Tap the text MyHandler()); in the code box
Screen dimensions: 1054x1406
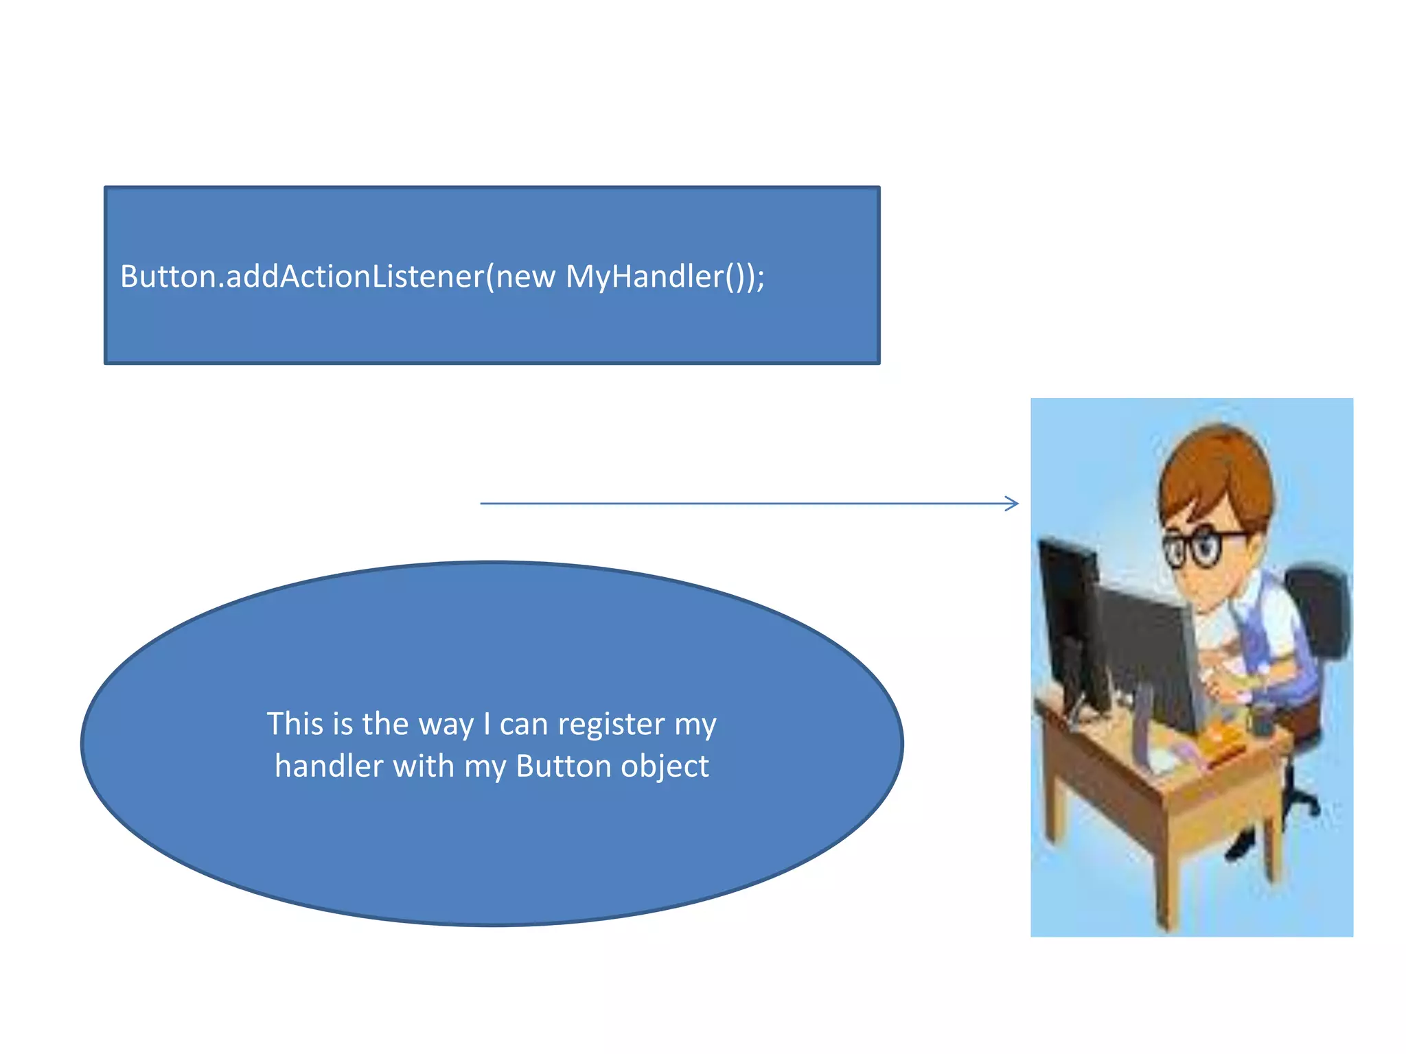pyautogui.click(x=665, y=277)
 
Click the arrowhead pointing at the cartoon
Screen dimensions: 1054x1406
pyautogui.click(x=1012, y=504)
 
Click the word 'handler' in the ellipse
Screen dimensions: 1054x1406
pyautogui.click(x=329, y=766)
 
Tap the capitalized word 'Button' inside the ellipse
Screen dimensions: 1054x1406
pyautogui.click(x=563, y=766)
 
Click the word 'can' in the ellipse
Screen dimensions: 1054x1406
pyautogui.click(x=525, y=724)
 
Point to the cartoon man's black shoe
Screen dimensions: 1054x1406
pyautogui.click(x=1239, y=847)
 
